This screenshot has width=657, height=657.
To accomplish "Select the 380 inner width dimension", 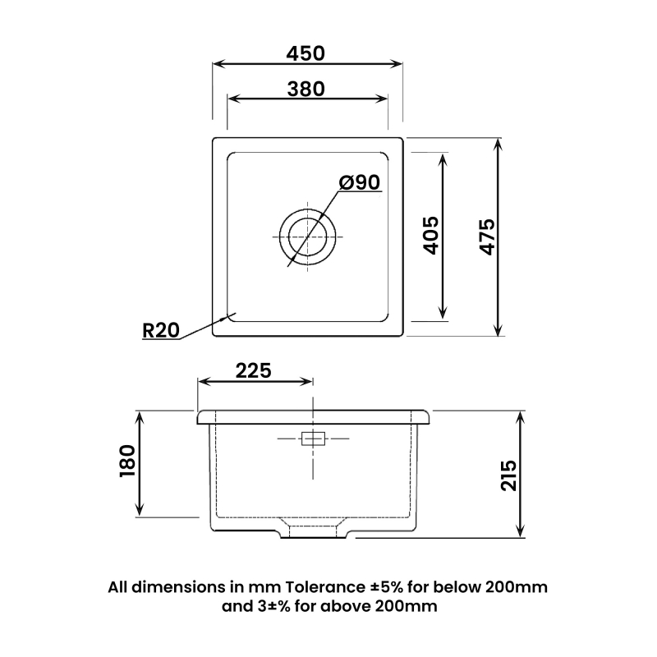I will (306, 88).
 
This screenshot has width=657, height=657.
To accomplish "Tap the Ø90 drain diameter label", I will (359, 182).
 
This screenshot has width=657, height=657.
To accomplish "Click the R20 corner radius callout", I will (161, 330).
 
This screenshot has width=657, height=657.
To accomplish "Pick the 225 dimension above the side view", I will (254, 370).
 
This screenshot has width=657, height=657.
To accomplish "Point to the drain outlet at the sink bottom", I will (315, 533).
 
